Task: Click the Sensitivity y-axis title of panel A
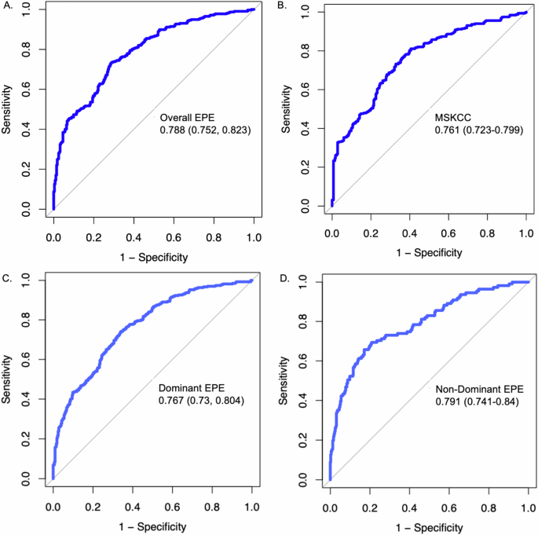(7, 110)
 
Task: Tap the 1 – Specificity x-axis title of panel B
(430, 251)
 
